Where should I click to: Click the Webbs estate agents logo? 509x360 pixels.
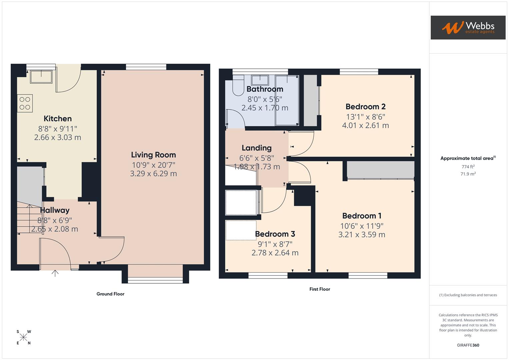click(x=468, y=27)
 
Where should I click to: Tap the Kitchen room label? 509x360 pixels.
click(x=58, y=119)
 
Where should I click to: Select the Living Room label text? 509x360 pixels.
click(x=153, y=155)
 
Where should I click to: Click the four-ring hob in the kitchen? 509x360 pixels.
click(x=25, y=103)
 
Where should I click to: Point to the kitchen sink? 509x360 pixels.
click(x=41, y=77)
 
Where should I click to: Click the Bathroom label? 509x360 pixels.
click(x=265, y=89)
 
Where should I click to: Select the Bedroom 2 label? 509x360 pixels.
click(x=365, y=107)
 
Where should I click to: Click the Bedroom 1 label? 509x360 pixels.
click(x=362, y=216)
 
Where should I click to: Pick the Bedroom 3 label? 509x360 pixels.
click(x=275, y=234)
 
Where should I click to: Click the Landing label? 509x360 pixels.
click(x=256, y=148)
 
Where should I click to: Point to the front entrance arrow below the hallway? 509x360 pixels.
click(x=55, y=273)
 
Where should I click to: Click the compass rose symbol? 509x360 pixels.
click(x=23, y=337)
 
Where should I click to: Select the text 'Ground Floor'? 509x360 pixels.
click(x=110, y=294)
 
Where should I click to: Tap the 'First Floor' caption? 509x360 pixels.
click(x=319, y=289)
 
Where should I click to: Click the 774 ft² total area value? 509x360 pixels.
click(x=468, y=167)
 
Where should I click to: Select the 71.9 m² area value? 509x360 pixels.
click(x=468, y=174)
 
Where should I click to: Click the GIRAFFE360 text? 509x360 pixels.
click(x=468, y=345)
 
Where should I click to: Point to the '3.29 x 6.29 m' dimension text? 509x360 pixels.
click(x=153, y=174)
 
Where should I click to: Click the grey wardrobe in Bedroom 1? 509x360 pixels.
click(x=380, y=170)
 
